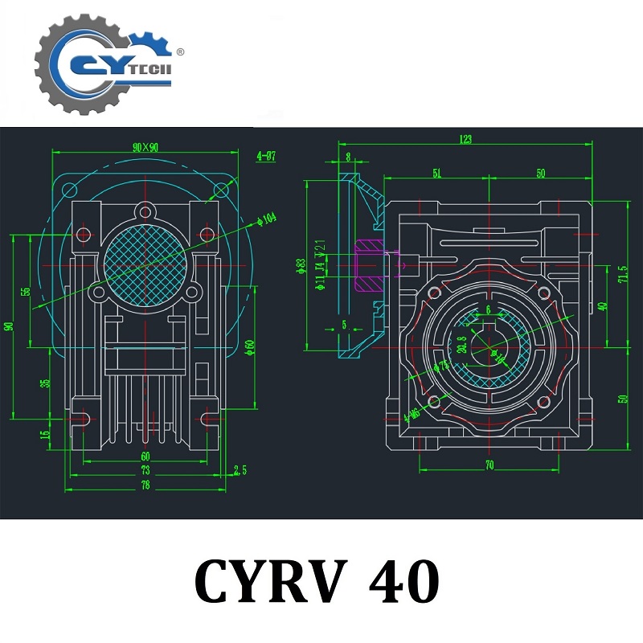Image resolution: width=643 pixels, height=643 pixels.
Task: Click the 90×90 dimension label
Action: (x=146, y=147)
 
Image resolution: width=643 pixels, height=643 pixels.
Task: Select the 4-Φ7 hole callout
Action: (x=266, y=156)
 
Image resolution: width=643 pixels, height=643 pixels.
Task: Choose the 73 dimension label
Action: (x=145, y=470)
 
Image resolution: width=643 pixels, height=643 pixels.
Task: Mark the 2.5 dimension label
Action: (x=240, y=469)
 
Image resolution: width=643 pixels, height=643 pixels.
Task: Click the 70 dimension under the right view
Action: (x=489, y=464)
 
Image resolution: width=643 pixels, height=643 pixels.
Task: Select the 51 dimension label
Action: (x=436, y=173)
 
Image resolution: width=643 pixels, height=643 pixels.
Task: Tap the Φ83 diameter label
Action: (x=300, y=264)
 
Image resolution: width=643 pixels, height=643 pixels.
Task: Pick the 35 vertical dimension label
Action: (x=46, y=383)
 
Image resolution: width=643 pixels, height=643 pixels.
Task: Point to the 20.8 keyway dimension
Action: (x=461, y=343)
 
